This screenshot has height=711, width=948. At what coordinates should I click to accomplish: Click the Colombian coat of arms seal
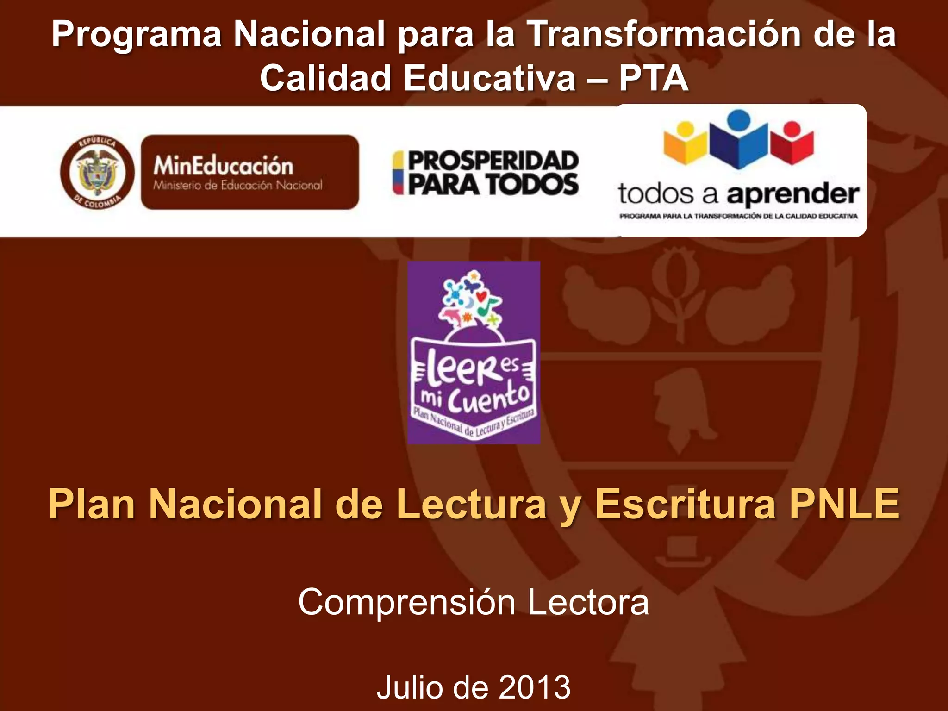tap(97, 172)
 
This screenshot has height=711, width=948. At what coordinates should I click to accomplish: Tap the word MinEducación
tap(223, 166)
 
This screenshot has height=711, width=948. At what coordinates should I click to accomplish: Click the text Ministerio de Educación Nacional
tap(237, 186)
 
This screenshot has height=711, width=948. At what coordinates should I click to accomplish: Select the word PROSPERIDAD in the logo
tap(493, 161)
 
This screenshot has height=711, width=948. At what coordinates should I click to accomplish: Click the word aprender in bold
tap(792, 194)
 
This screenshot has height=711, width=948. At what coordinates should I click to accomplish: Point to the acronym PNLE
tap(844, 505)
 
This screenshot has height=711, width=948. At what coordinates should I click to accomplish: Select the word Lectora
tap(588, 602)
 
